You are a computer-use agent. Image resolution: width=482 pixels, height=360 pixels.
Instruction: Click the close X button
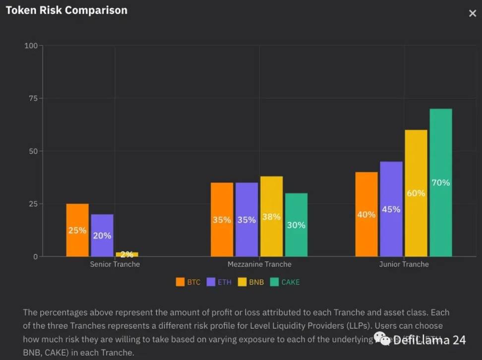tap(472, 14)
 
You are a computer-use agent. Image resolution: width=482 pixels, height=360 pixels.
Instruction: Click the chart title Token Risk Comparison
tap(66, 10)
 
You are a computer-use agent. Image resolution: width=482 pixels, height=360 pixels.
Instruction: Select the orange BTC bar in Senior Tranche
tap(77, 230)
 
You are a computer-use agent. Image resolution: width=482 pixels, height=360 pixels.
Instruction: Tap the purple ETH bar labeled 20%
tap(102, 235)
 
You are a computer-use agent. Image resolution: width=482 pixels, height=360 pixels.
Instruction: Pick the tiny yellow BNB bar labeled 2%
tap(127, 254)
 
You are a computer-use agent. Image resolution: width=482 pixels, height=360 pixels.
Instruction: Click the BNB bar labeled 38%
tap(271, 216)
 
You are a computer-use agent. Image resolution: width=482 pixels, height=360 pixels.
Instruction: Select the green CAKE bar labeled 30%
tap(296, 225)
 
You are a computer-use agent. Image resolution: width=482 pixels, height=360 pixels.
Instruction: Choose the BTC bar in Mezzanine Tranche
tap(222, 219)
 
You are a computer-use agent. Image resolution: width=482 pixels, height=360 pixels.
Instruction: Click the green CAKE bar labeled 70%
tap(440, 182)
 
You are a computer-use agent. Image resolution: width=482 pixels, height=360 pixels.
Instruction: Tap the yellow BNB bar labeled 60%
tap(416, 193)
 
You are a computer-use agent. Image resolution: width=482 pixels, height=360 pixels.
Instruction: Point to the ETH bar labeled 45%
tap(391, 209)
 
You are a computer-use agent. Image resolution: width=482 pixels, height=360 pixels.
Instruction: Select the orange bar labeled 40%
tap(366, 214)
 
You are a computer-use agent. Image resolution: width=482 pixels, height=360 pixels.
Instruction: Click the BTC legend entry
tap(188, 282)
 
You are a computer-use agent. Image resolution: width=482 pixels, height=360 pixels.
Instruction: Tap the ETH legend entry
tap(219, 282)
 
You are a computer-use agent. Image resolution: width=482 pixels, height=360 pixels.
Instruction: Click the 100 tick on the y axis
tap(31, 46)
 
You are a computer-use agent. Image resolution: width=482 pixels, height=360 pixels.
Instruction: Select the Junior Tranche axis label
tap(404, 264)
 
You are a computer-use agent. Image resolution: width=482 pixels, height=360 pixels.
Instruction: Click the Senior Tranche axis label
tap(115, 264)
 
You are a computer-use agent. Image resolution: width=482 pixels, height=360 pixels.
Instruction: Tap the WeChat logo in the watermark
tap(382, 339)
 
